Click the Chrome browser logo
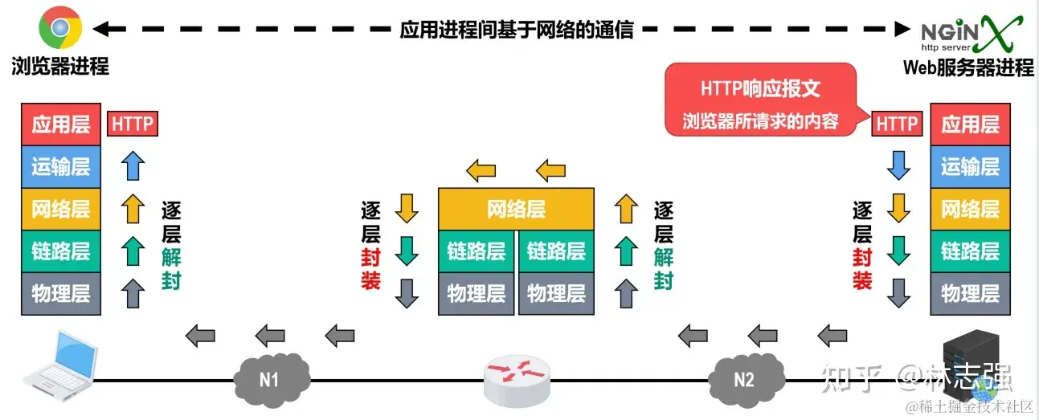point(59,29)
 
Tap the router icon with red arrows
point(518,378)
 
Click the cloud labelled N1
point(271,375)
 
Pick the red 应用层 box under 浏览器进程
point(61,124)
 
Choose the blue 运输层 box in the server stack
point(970,167)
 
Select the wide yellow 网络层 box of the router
point(516,209)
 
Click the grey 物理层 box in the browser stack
point(61,293)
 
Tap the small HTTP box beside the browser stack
point(133,124)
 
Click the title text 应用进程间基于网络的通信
point(517,30)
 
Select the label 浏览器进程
point(60,67)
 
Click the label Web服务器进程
point(968,67)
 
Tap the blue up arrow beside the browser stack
point(133,166)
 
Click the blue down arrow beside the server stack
point(898,166)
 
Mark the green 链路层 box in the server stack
point(970,251)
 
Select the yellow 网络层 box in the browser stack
point(61,209)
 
